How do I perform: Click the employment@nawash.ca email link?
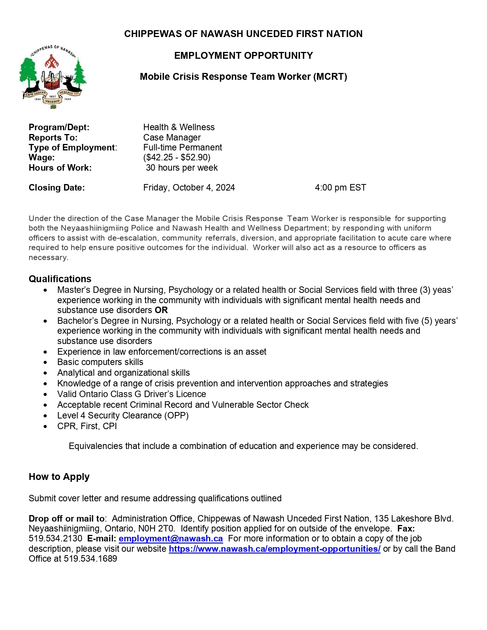(x=170, y=539)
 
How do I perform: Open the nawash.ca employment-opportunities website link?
(x=274, y=549)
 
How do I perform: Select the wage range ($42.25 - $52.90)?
(x=177, y=157)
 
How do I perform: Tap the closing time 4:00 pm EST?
(x=340, y=187)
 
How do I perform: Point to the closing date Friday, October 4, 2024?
(x=189, y=187)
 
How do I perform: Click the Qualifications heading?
(x=60, y=279)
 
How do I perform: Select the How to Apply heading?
(x=59, y=477)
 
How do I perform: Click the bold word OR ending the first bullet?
(x=161, y=310)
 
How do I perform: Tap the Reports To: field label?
(x=53, y=137)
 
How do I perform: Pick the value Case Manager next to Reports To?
(x=172, y=137)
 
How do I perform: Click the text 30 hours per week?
(x=182, y=168)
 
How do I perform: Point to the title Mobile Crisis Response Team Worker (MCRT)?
(x=243, y=76)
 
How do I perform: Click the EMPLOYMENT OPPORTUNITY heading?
(x=243, y=55)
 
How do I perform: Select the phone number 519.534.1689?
(x=91, y=559)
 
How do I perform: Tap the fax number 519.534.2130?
(x=55, y=539)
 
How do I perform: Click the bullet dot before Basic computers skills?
(x=45, y=362)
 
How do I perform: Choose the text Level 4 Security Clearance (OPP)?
(x=123, y=415)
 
